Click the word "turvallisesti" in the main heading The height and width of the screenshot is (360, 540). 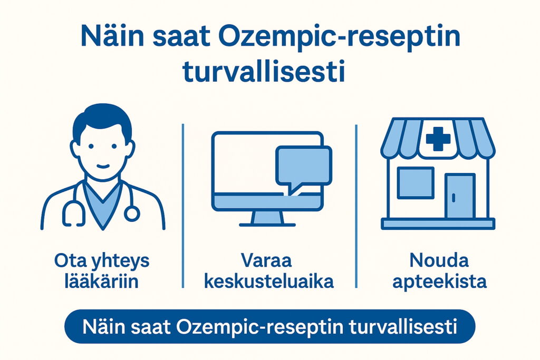click(x=264, y=72)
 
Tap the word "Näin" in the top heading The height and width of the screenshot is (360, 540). click(x=112, y=36)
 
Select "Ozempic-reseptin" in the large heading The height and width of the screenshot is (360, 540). click(x=340, y=38)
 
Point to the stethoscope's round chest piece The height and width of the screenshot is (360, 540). click(x=132, y=213)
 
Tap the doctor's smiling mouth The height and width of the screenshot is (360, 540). click(x=103, y=166)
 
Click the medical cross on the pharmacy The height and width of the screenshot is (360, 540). click(x=438, y=139)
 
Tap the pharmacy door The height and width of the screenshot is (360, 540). click(x=460, y=196)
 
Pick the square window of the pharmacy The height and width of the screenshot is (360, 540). click(x=416, y=183)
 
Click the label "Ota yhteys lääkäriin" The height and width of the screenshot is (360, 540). click(x=102, y=271)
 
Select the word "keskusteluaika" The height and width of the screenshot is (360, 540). click(x=269, y=281)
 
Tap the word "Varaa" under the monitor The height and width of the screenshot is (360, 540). click(x=266, y=260)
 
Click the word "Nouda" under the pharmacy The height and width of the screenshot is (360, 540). click(x=439, y=260)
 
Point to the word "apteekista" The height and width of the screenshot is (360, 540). click(x=439, y=281)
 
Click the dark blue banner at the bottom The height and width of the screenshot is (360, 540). click(x=270, y=326)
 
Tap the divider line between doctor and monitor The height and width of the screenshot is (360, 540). click(x=183, y=206)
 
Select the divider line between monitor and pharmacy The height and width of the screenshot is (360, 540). click(x=356, y=206)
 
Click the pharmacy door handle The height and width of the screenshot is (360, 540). click(x=453, y=198)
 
